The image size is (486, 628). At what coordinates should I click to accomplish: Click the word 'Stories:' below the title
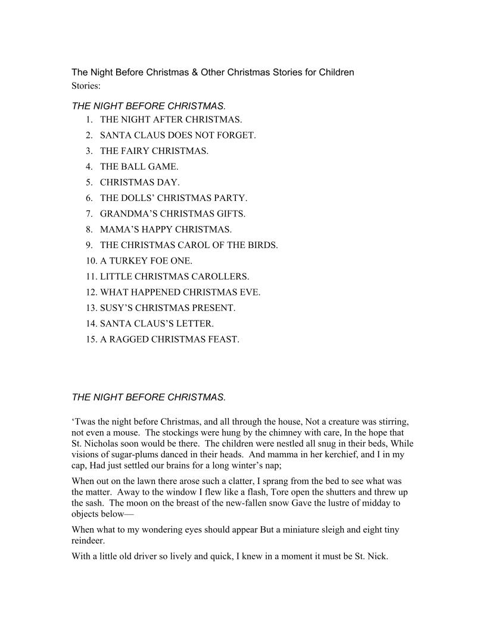[86, 86]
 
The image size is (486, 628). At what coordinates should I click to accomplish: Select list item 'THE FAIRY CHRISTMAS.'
[154, 151]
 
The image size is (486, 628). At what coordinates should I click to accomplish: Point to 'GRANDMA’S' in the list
[125, 213]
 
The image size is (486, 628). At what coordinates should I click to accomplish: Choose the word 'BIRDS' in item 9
[262, 245]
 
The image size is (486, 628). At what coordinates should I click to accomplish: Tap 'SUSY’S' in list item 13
[115, 308]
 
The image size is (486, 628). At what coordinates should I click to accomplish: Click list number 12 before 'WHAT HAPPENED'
[91, 293]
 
